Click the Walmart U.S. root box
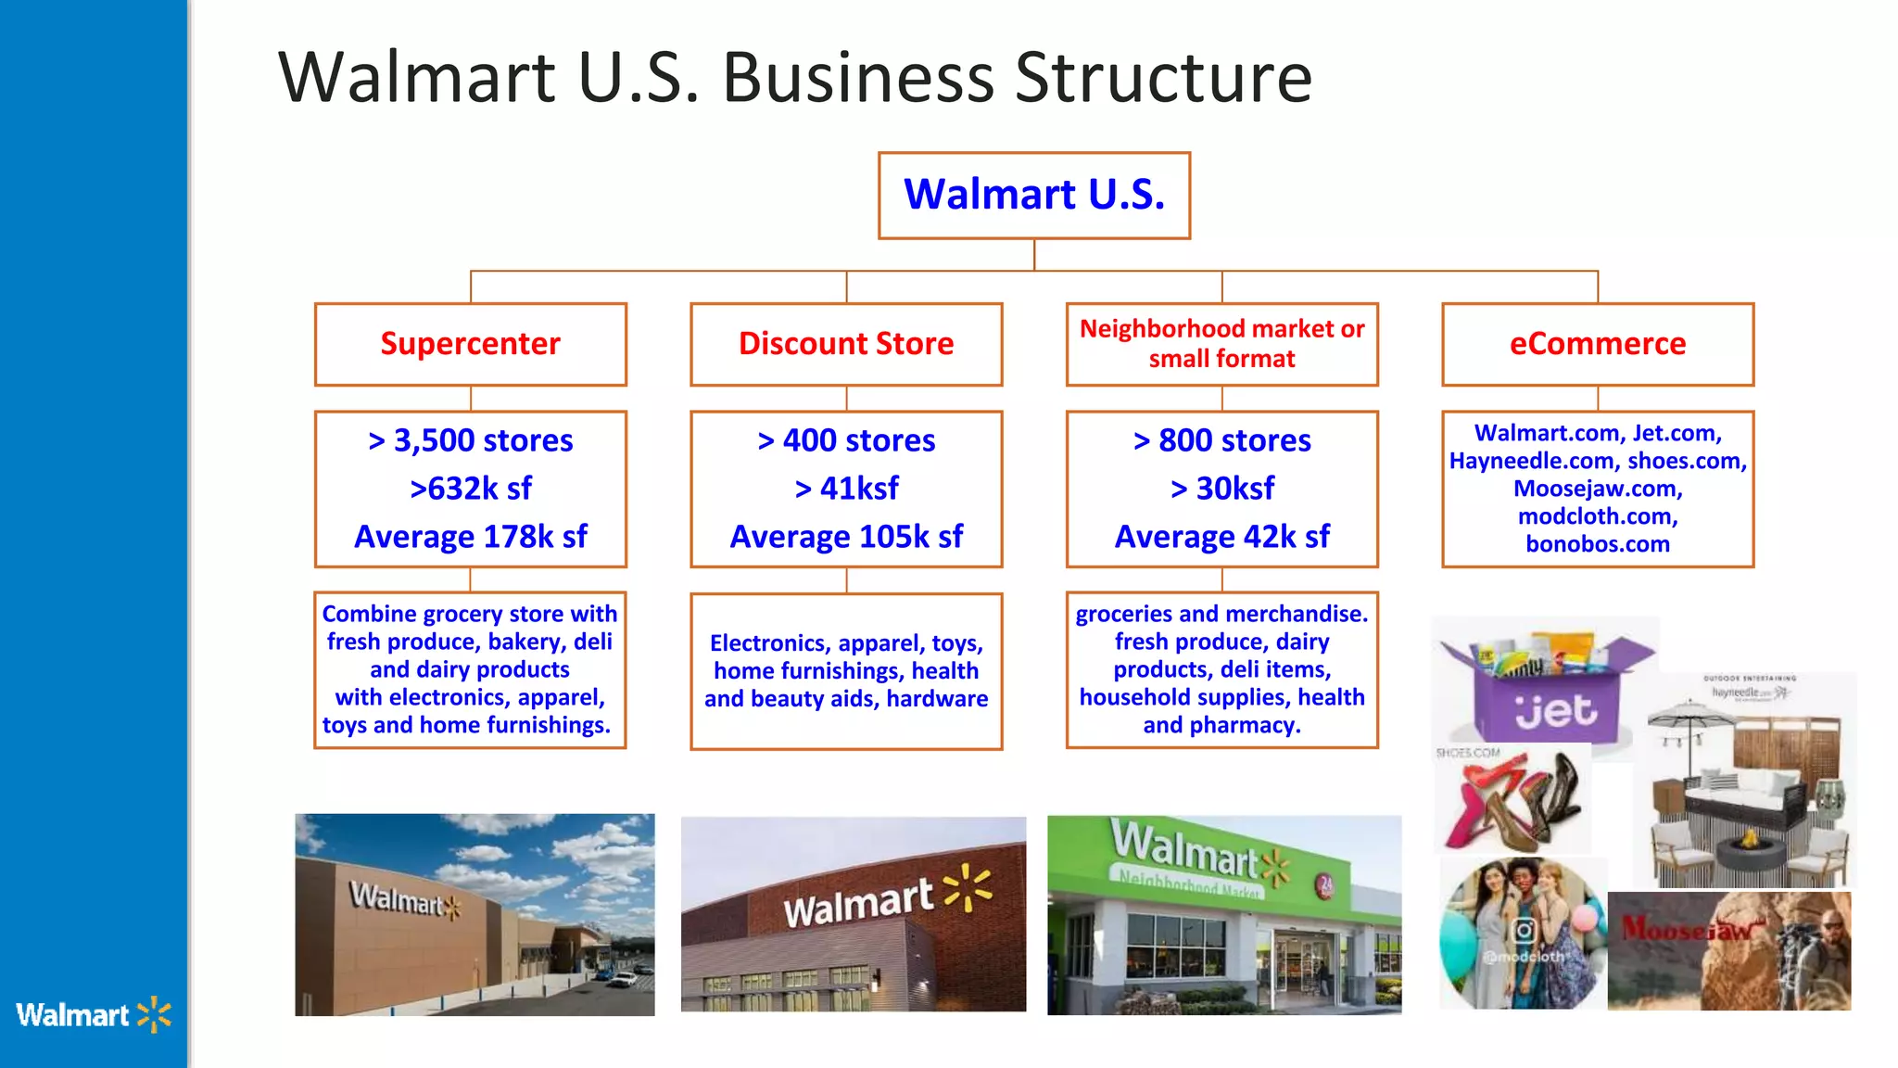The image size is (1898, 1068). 1033,195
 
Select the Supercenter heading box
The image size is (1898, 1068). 470,344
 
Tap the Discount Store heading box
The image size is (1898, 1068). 845,344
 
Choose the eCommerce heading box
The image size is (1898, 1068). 1597,344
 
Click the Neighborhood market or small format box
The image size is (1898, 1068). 1221,344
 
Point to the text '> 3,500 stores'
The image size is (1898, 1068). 470,440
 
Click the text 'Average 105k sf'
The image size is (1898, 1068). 845,537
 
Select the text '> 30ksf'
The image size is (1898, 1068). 1221,489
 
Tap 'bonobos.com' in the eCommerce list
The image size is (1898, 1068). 1597,544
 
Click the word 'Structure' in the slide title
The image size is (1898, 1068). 1163,78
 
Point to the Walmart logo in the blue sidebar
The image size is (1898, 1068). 93,1015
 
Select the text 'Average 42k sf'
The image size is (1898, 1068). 1221,537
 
